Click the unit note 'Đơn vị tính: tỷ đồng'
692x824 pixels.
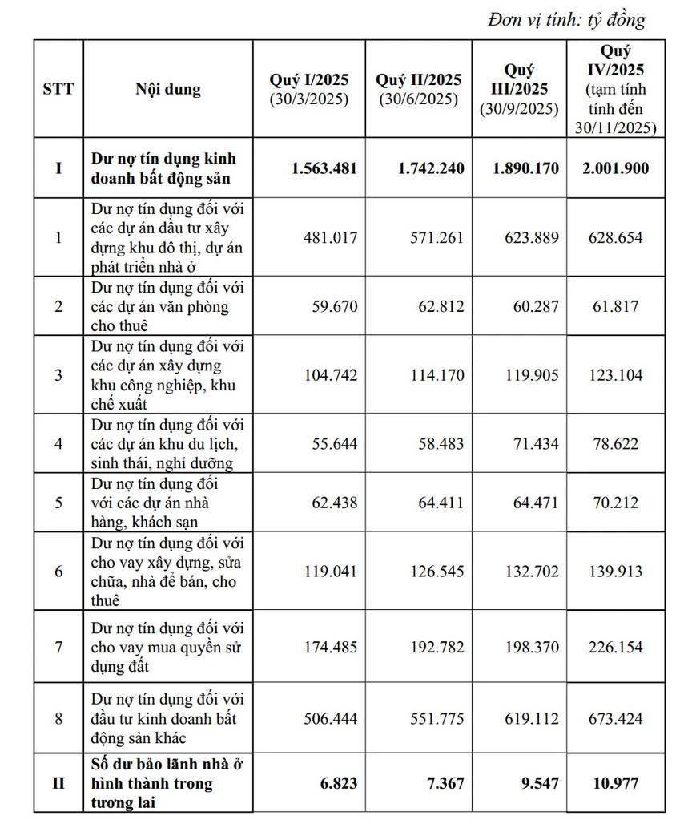(x=565, y=19)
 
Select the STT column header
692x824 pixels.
(x=58, y=88)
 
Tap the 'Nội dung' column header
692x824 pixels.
(x=168, y=88)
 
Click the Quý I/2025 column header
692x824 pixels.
(x=309, y=89)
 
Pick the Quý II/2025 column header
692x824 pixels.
(x=419, y=89)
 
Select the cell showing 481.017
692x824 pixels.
(x=331, y=238)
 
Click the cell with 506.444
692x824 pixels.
(x=331, y=719)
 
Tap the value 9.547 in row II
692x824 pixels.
(x=538, y=783)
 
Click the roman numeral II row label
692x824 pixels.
(x=58, y=783)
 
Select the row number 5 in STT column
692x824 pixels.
(x=58, y=503)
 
